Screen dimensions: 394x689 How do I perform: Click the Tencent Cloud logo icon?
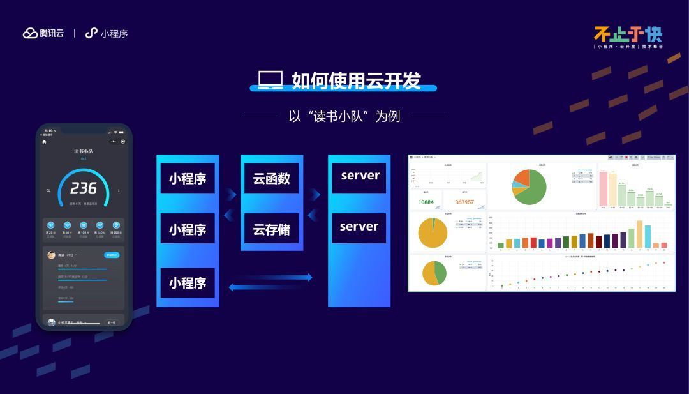point(31,33)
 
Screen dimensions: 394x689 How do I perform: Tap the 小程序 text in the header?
point(114,33)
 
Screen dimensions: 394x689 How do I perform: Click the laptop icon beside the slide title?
point(270,80)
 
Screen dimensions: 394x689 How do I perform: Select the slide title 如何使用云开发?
point(356,80)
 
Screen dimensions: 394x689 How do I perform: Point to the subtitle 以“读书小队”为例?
point(344,116)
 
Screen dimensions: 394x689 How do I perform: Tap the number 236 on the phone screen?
point(84,188)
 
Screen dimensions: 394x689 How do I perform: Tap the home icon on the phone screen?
point(45,142)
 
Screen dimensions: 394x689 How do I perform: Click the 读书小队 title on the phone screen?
point(84,151)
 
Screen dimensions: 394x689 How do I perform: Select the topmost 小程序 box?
point(188,178)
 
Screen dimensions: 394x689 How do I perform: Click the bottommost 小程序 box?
point(188,282)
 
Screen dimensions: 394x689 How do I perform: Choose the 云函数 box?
point(271,178)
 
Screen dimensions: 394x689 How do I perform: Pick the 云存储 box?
point(271,229)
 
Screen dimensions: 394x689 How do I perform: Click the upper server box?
point(360,176)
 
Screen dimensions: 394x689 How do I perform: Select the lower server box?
point(359,227)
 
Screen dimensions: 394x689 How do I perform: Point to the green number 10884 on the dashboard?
point(426,202)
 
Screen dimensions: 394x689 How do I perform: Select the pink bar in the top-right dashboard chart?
point(603,189)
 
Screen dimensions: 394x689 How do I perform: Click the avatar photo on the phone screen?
point(51,255)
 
